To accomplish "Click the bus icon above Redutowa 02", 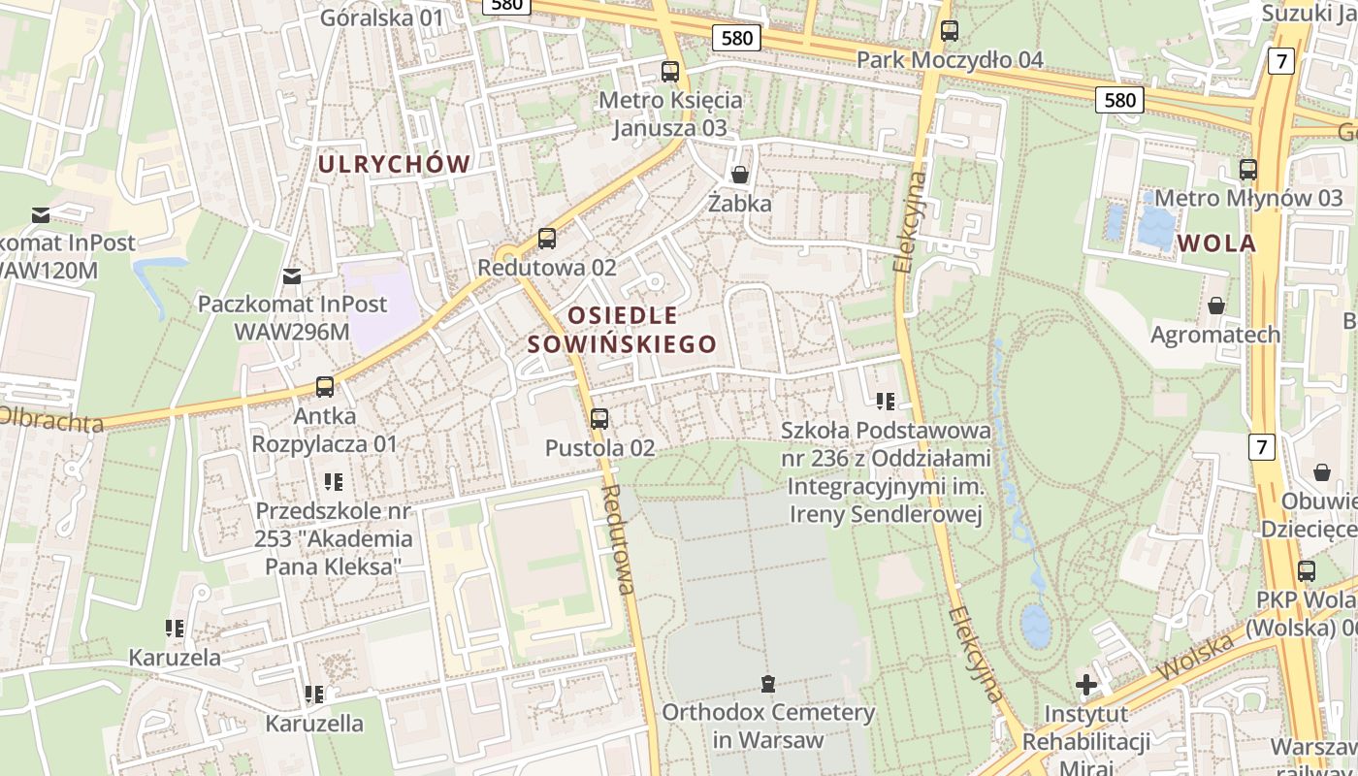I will click(547, 239).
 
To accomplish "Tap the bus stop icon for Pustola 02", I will click(599, 419).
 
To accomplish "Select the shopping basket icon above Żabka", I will click(740, 175).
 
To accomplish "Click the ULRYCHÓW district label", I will click(395, 164).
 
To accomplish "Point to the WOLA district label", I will click(1217, 243).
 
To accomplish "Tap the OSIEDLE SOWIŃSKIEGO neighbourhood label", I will click(622, 330).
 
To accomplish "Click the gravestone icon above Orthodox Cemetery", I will click(768, 684).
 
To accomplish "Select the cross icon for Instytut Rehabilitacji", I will click(1086, 686).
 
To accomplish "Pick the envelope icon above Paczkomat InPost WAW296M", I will click(292, 276).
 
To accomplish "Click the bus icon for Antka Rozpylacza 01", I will click(325, 387).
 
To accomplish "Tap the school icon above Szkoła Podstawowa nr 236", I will click(886, 401).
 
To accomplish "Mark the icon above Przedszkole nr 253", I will click(334, 482).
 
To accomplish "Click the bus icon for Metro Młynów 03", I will click(1248, 170).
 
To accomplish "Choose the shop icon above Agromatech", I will click(1215, 306).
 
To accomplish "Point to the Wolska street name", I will click(1194, 657).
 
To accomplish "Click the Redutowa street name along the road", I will click(618, 538).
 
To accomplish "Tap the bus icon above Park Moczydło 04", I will click(950, 31).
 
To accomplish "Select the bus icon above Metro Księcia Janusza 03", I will click(670, 71).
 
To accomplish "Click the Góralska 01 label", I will click(381, 17).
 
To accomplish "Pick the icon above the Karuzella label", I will click(314, 695).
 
